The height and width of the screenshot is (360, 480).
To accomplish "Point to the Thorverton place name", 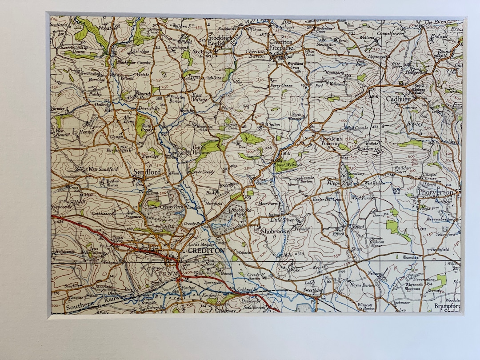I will coord(435,192).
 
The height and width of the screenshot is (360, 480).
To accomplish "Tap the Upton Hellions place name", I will coord(201,151).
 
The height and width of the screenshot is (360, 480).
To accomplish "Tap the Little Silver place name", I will coord(283,220).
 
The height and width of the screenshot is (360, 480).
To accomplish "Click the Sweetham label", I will coord(312,290).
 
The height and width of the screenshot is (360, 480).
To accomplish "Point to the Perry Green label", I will coord(281,85).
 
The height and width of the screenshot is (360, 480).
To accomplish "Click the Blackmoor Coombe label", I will coord(134,63).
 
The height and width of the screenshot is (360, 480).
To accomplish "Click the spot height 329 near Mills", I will coord(300,253).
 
